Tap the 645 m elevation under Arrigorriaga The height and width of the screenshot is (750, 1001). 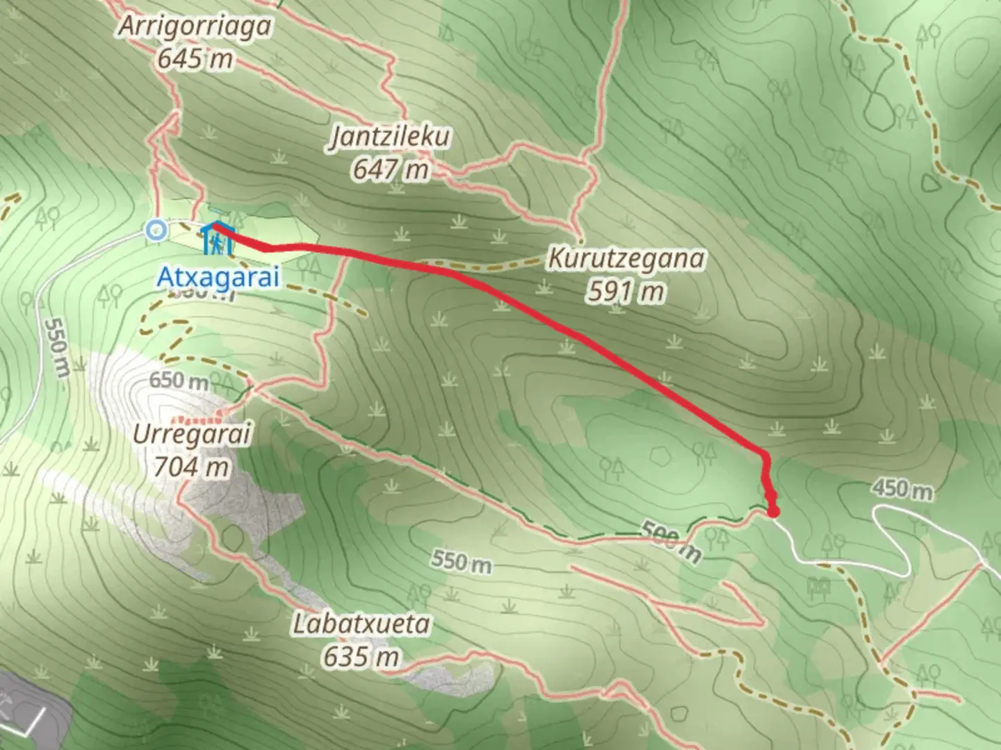tap(194, 59)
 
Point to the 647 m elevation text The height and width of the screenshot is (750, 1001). tap(390, 169)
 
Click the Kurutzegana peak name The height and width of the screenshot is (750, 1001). tap(626, 259)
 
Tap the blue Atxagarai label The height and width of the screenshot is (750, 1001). tap(218, 276)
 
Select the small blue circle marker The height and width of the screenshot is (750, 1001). tap(156, 229)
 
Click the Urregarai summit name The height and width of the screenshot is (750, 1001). tap(191, 435)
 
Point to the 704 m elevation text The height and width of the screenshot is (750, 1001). tap(191, 467)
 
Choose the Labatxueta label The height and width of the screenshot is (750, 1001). tap(361, 624)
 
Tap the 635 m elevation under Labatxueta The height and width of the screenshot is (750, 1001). tap(361, 656)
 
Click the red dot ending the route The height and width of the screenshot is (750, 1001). tap(773, 512)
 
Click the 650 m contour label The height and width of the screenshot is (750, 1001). tap(179, 381)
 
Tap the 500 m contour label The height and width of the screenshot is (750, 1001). tap(669, 540)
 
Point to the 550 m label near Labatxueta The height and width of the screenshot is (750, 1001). tap(460, 561)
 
